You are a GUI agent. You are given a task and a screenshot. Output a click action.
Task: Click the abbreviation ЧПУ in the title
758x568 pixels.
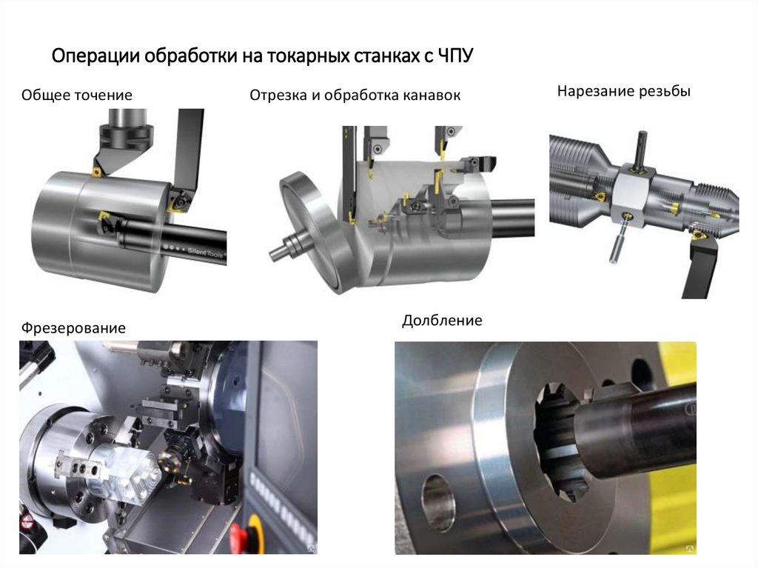455,56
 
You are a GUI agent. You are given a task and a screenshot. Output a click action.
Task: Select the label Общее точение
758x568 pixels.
77,95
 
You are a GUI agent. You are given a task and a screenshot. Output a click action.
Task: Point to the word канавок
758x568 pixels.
432,96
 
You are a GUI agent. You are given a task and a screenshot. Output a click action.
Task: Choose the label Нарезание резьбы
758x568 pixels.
623,91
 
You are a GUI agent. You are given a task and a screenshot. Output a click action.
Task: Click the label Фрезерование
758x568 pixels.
73,328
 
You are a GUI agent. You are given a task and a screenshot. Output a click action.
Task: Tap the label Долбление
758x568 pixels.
442,320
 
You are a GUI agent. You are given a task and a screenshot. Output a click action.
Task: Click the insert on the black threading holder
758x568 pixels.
700,235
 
